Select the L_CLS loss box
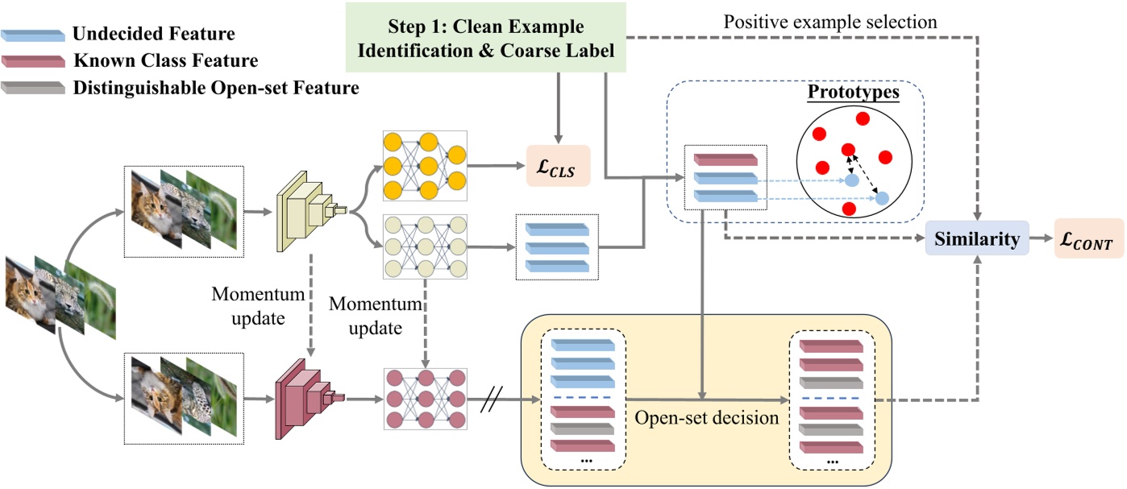tap(558, 167)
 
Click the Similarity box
tap(977, 238)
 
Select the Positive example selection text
tap(830, 22)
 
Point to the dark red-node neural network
tap(423, 398)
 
